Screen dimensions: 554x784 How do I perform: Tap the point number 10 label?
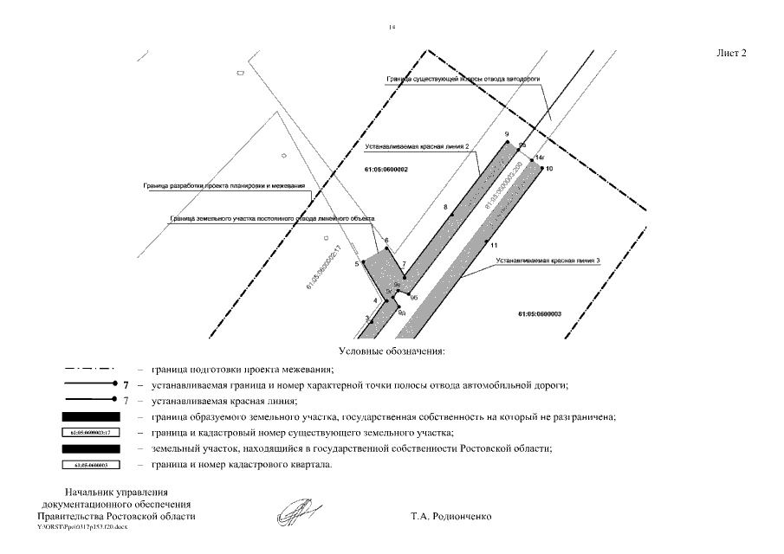point(548,168)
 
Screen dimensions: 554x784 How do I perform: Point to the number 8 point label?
point(445,208)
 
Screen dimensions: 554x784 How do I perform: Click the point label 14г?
point(540,158)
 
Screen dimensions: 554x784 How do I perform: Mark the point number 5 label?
point(356,263)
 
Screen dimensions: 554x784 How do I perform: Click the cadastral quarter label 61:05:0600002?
point(386,169)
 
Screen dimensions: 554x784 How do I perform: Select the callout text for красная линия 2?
point(417,147)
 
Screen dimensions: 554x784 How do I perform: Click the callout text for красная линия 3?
point(548,260)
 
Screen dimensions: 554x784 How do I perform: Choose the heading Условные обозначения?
point(392,352)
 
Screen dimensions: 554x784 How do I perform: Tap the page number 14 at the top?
point(392,27)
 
